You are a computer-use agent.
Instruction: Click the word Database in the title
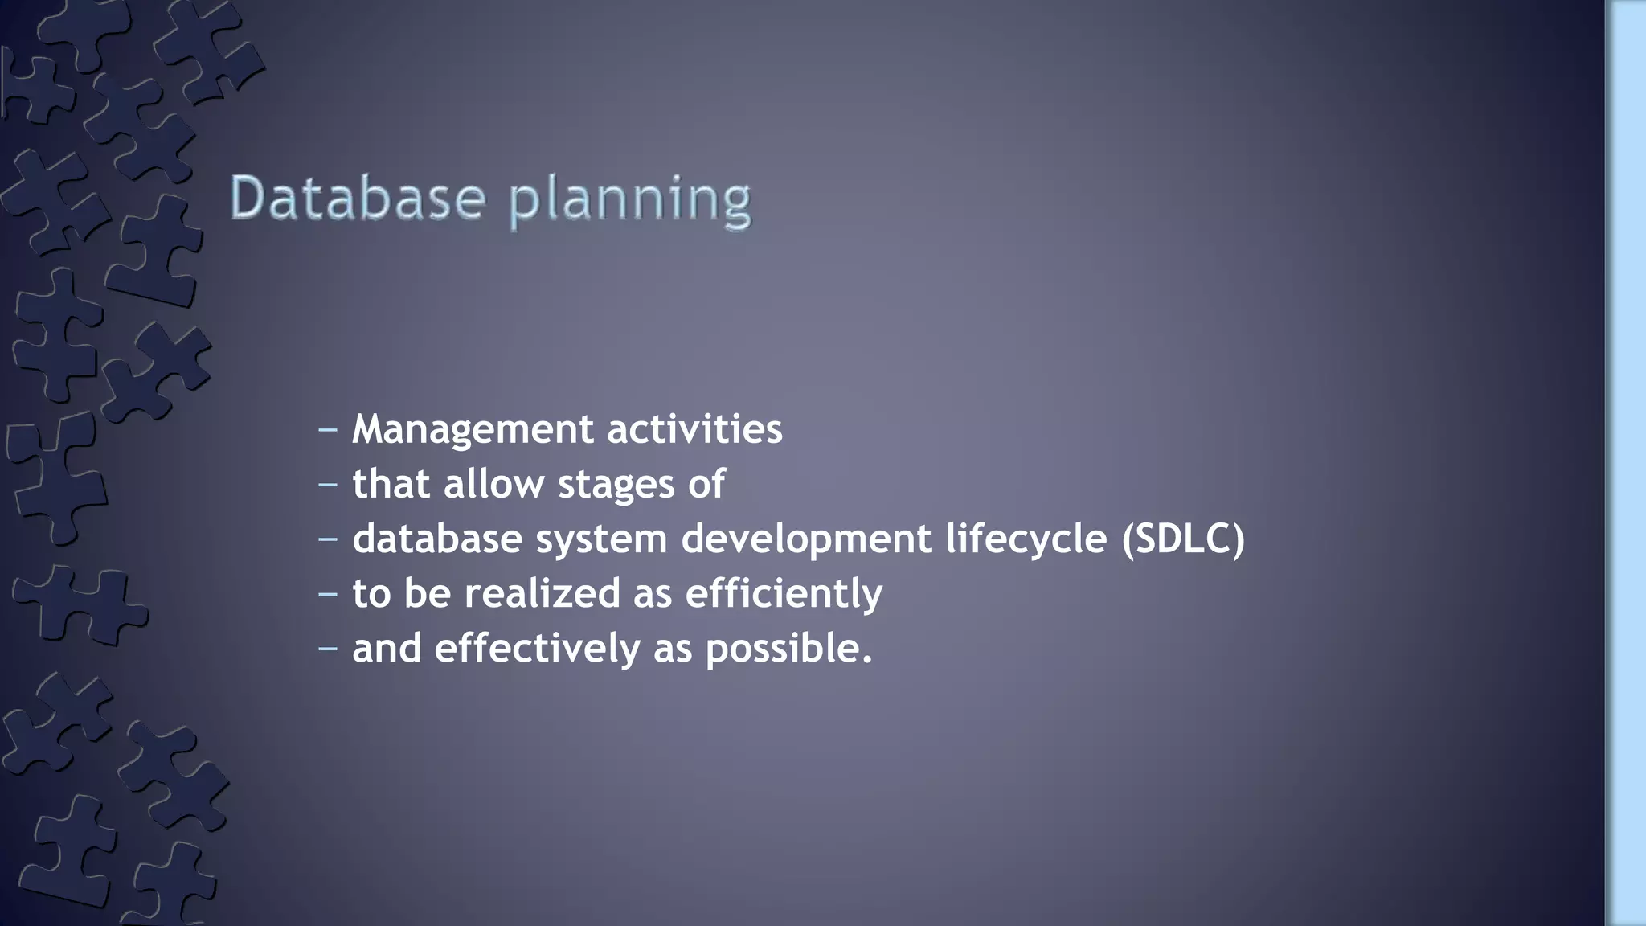[x=358, y=198]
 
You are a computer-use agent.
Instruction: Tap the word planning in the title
[x=631, y=200]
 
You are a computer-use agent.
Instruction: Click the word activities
[x=694, y=428]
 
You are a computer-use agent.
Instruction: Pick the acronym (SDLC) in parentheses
[x=1183, y=539]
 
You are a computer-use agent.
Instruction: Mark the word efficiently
[x=784, y=594]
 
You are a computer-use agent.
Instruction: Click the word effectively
[x=537, y=648]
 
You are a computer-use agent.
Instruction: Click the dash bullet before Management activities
[x=327, y=430]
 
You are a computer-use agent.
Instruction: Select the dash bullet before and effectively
[x=327, y=648]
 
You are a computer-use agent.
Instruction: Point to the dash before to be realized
[x=327, y=594]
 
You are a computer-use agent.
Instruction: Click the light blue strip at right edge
[x=1627, y=463]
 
